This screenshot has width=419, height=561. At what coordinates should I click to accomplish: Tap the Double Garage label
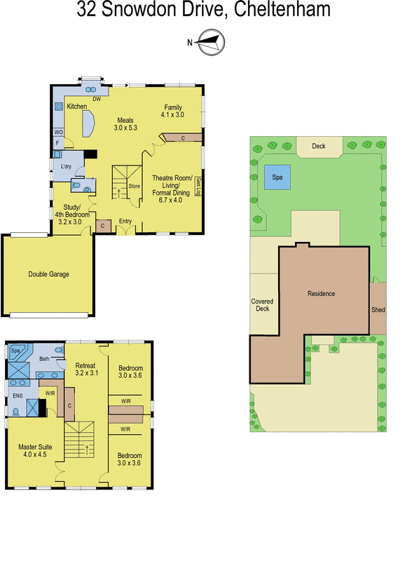pyautogui.click(x=48, y=274)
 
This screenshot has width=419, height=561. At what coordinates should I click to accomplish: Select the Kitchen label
pyautogui.click(x=76, y=107)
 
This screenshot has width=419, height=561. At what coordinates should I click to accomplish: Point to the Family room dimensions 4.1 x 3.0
pyautogui.click(x=172, y=114)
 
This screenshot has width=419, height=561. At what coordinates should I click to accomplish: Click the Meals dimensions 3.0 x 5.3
pyautogui.click(x=125, y=128)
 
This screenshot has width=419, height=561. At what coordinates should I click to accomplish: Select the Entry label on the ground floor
pyautogui.click(x=125, y=222)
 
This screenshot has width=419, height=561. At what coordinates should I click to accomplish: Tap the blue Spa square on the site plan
pyautogui.click(x=277, y=178)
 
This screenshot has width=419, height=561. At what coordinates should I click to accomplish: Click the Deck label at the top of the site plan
pyautogui.click(x=319, y=147)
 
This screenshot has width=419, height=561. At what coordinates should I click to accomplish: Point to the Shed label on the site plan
pyautogui.click(x=378, y=310)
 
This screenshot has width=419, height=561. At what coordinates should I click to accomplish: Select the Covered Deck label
pyautogui.click(x=262, y=306)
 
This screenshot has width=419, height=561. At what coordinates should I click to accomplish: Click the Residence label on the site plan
pyautogui.click(x=322, y=294)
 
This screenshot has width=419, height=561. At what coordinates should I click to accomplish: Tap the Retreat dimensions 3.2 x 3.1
pyautogui.click(x=87, y=373)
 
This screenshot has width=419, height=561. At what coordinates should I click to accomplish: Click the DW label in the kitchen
pyautogui.click(x=97, y=100)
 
